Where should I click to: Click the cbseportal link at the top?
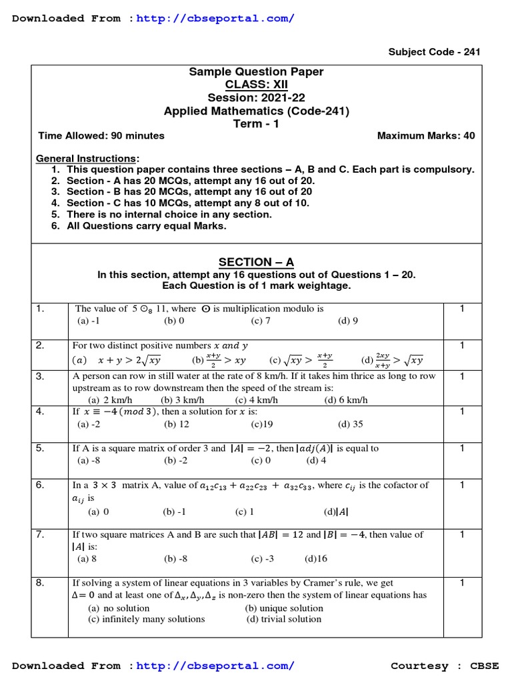[215, 18]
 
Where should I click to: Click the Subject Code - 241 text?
[434, 52]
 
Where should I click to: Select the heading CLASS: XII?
[257, 85]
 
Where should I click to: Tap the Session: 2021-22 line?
[257, 98]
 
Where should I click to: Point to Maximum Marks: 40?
[426, 135]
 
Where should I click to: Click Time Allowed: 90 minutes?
[101, 135]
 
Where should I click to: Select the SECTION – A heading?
[257, 262]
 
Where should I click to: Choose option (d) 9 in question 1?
[348, 320]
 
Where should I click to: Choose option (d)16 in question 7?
[316, 558]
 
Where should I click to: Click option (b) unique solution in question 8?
[284, 608]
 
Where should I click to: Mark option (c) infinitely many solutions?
[147, 619]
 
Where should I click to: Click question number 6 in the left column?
[40, 486]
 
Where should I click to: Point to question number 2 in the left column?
[40, 346]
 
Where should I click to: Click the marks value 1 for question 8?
[462, 583]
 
